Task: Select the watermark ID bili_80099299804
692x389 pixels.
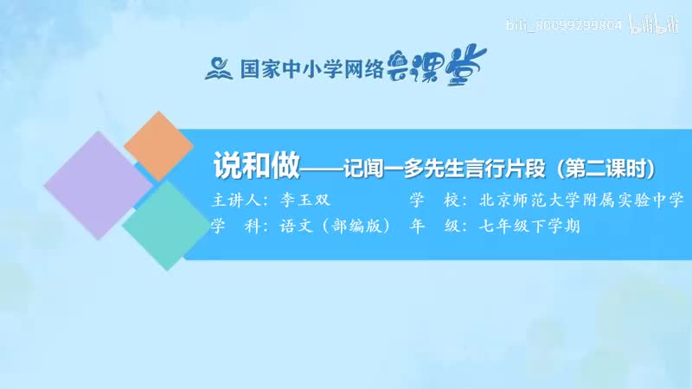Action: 572,27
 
